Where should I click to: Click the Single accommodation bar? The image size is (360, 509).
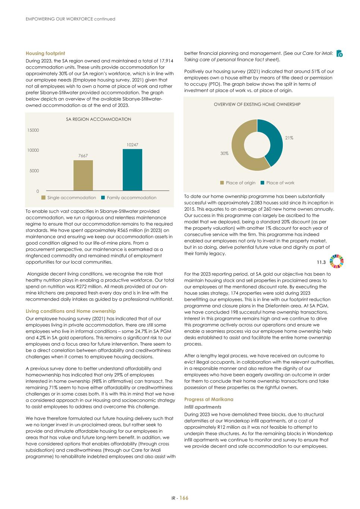point(83,175)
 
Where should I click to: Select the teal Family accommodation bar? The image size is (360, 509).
point(132,170)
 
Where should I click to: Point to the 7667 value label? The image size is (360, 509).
point(83,155)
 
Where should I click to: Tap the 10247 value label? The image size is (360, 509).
point(132,144)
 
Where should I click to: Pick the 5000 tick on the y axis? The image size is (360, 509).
point(34,171)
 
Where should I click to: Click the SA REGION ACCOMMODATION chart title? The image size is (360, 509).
point(98,119)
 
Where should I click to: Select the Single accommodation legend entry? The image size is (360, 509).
point(69,198)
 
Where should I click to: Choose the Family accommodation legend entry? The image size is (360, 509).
point(128,198)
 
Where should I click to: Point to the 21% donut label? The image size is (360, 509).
point(289,138)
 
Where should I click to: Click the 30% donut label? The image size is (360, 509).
point(224,153)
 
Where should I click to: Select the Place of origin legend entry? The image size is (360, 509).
point(238,183)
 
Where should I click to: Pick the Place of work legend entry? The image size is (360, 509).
point(277,183)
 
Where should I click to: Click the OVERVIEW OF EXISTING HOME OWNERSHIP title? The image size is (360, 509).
point(257,104)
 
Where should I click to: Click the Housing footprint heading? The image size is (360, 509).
point(45,53)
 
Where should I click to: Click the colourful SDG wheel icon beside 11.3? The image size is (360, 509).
point(336,261)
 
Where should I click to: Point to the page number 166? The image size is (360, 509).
point(184,498)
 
